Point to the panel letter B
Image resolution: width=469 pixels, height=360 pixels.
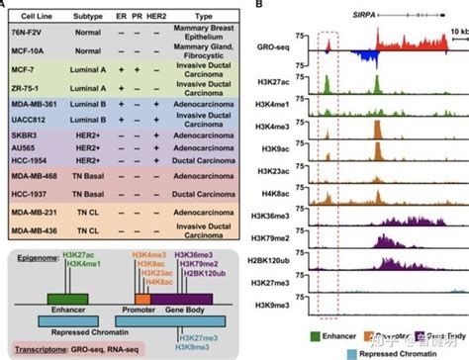[x=259, y=6]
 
